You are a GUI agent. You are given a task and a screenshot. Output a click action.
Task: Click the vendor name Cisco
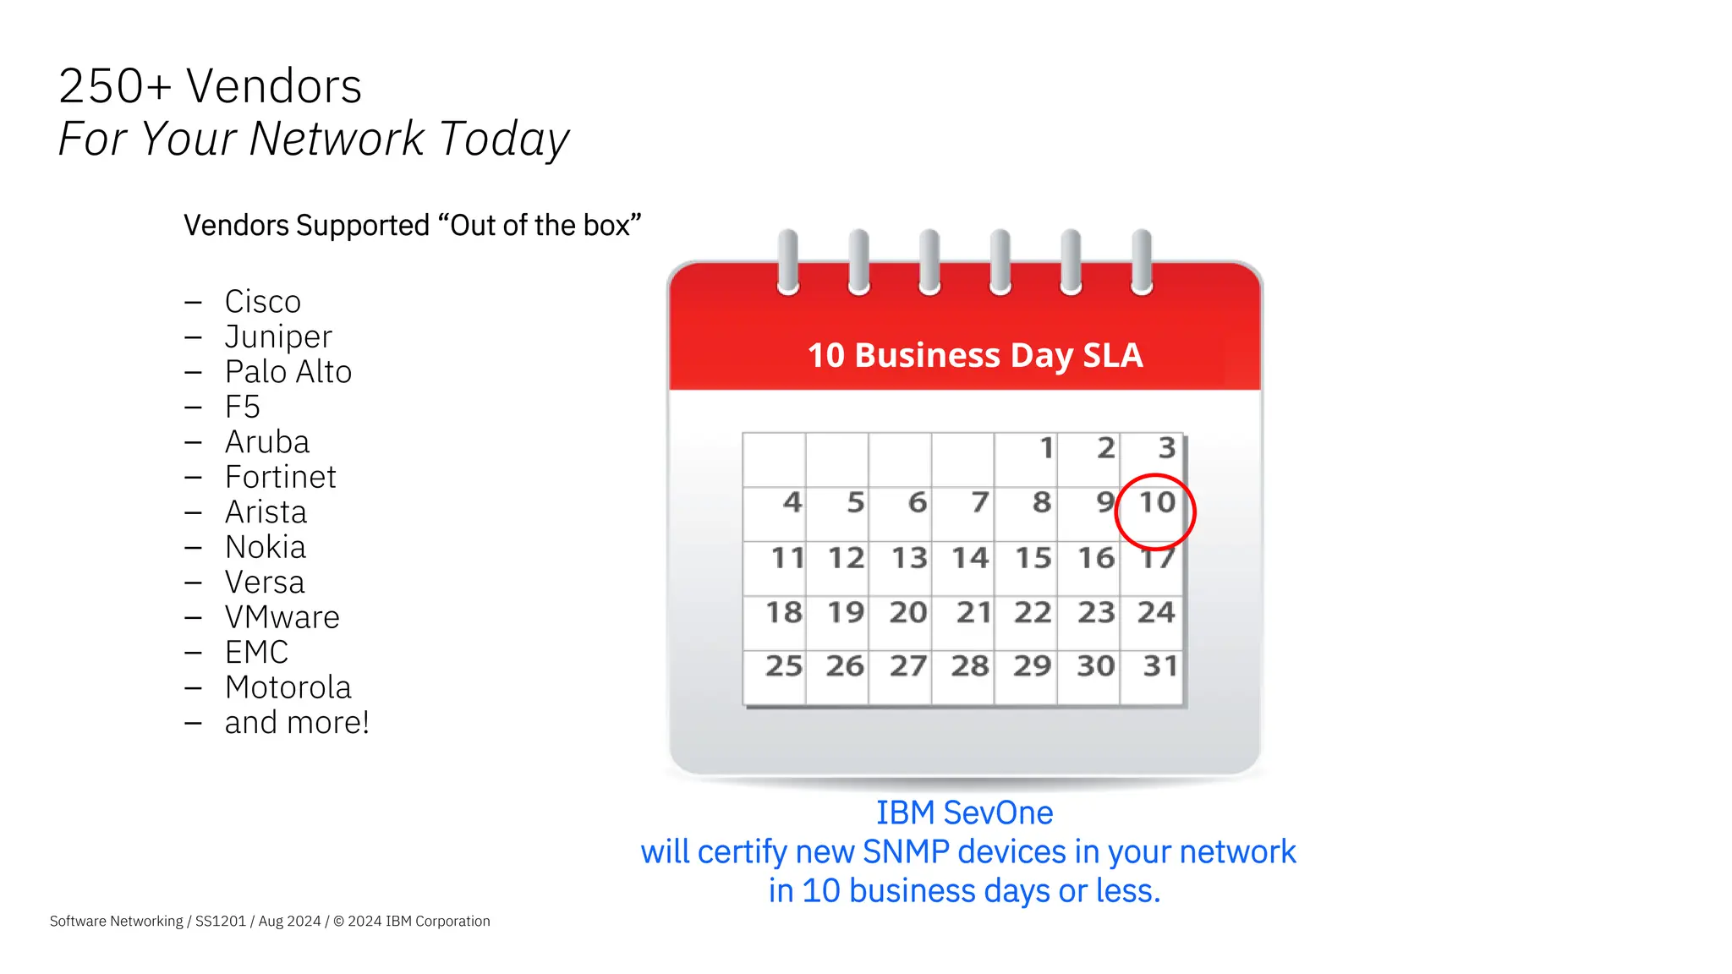point(262,302)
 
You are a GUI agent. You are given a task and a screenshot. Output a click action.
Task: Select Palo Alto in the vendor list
point(288,372)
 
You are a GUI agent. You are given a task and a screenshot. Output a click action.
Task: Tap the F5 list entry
point(242,408)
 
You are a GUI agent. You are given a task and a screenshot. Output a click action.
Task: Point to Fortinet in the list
point(280,478)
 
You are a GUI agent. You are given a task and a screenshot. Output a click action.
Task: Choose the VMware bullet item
point(282,618)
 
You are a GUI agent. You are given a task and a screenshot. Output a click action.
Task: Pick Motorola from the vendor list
point(288,688)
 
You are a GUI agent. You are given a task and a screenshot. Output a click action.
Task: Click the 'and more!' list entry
point(297,723)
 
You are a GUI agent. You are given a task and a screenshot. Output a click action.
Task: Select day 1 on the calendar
point(1046,448)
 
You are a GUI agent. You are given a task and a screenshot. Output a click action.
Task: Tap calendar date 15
point(1033,558)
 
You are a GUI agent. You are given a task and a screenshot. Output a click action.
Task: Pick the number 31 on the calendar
point(1160,666)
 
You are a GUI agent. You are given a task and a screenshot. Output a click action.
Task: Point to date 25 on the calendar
point(784,666)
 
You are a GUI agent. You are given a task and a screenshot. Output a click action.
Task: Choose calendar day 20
point(908,613)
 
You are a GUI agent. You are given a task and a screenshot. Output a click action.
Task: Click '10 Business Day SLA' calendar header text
point(975,355)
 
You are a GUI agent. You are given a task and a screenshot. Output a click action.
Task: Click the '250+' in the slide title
point(115,86)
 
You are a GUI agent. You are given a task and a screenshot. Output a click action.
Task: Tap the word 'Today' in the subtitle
point(504,140)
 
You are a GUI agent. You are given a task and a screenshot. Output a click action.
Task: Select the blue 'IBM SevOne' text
point(964,813)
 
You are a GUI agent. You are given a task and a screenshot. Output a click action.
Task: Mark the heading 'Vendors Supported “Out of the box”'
point(413,226)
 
